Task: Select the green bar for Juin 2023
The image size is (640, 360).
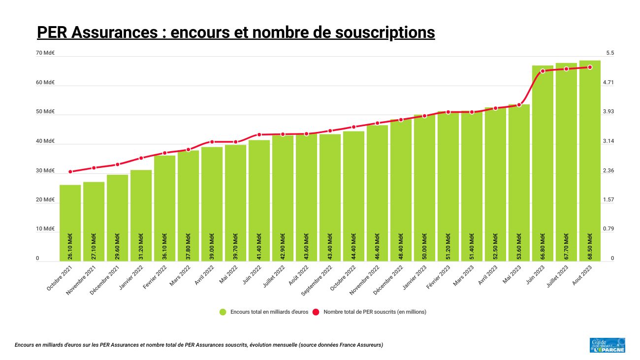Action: [543, 163]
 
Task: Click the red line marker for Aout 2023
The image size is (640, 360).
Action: [590, 67]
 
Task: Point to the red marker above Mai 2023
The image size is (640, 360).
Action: [519, 105]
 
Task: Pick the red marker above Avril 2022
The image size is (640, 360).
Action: [212, 142]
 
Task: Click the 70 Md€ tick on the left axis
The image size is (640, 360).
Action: [45, 53]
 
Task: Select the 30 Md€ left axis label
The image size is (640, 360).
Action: [45, 171]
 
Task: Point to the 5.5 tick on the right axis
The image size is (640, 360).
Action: [610, 53]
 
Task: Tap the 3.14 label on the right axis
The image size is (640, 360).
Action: [609, 141]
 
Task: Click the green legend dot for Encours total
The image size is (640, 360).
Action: [223, 312]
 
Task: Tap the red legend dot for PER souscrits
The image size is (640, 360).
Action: [316, 312]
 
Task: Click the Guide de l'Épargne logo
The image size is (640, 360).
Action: [607, 345]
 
